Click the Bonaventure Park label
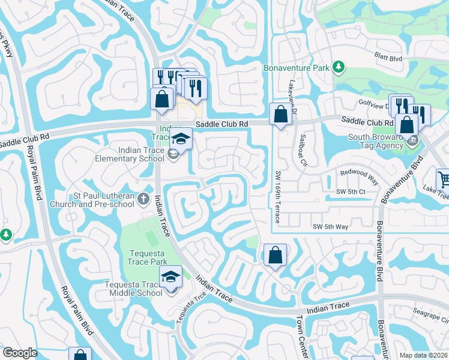click(x=296, y=68)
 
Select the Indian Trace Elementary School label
click(x=130, y=155)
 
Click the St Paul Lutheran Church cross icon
click(x=143, y=198)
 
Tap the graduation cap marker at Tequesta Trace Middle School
click(x=170, y=277)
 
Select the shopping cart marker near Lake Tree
click(x=443, y=178)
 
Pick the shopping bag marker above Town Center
click(x=274, y=255)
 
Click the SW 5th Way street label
click(x=331, y=226)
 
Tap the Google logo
click(x=20, y=353)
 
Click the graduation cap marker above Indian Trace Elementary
click(x=180, y=138)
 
